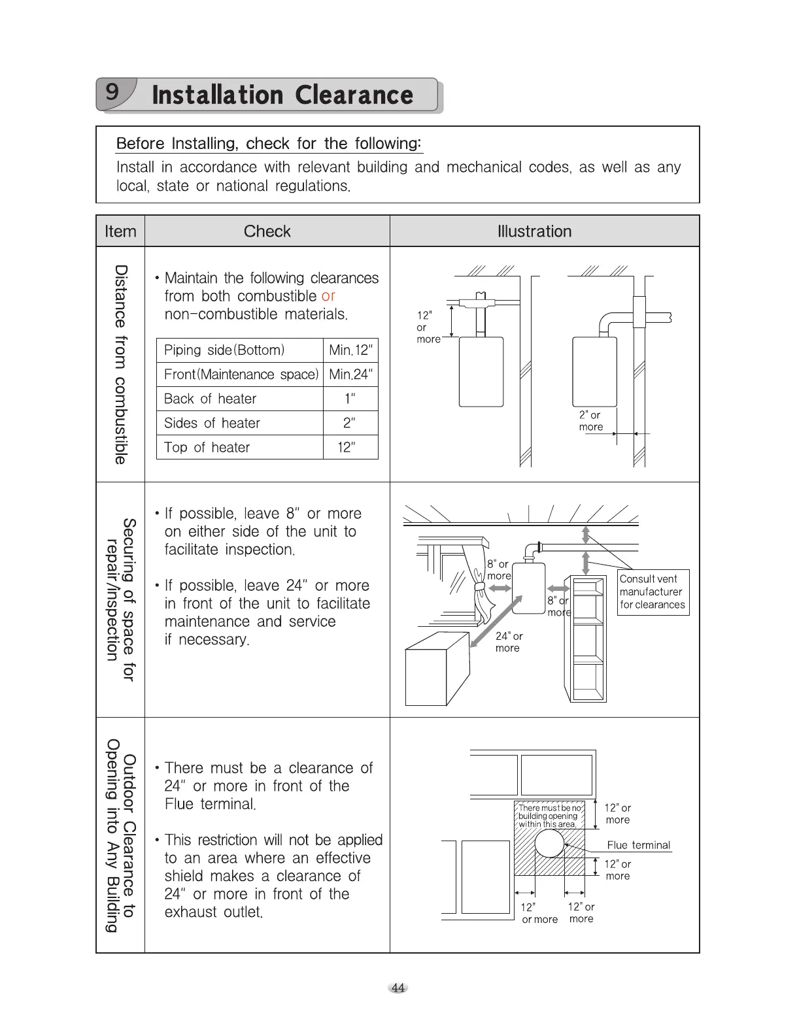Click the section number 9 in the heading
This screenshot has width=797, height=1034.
coord(113,92)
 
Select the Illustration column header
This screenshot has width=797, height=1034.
coord(534,231)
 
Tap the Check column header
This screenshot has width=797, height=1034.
coord(267,231)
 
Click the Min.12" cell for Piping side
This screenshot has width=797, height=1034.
coord(350,350)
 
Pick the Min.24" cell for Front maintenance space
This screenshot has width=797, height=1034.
coord(350,375)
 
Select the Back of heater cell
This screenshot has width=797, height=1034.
coord(211,399)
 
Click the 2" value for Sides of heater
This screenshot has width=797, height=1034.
coord(350,423)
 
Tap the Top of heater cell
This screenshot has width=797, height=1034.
coord(207,448)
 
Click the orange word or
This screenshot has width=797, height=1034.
coord(328,296)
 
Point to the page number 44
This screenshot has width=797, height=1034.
coord(398,988)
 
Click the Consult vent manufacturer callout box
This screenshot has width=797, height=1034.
coord(653,592)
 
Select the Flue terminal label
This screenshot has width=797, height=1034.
coord(638,845)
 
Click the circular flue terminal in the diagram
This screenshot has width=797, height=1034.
coord(549,844)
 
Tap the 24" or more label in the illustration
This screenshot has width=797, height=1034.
coord(509,642)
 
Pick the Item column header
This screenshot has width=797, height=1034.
coord(120,231)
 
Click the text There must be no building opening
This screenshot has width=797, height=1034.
coord(549,816)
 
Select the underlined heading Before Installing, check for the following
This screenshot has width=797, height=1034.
coord(269,144)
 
